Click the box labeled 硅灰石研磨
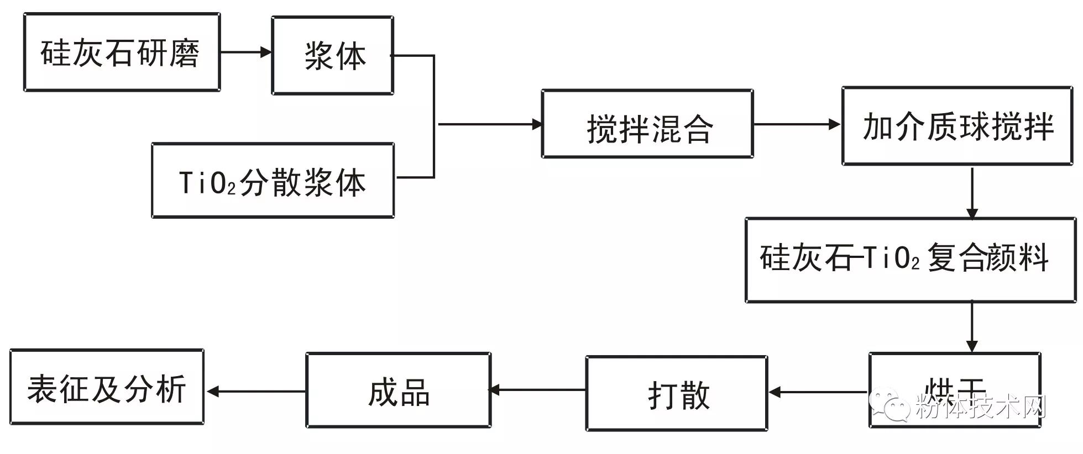(122, 52)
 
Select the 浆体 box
(332, 55)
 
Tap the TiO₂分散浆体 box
(273, 181)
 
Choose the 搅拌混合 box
(647, 124)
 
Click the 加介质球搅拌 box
(957, 126)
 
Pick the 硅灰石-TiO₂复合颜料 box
(910, 260)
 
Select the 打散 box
(676, 393)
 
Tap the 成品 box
(398, 390)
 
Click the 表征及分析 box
(107, 387)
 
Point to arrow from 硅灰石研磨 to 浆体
(245, 52)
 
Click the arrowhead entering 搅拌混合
(536, 124)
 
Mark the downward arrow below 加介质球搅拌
(972, 193)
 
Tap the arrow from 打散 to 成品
(537, 390)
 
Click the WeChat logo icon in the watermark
(890, 407)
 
